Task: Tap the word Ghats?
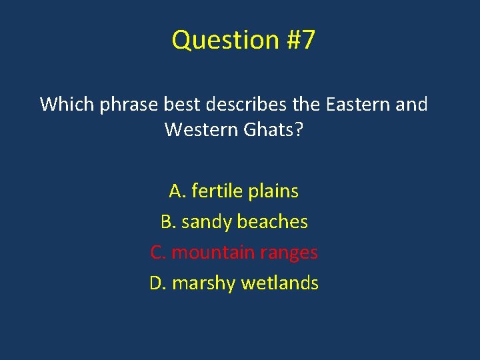(274, 129)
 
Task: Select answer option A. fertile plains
(233, 191)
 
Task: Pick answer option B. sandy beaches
(233, 222)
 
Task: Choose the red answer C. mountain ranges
(233, 253)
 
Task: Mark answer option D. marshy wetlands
(233, 283)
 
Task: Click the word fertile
(217, 191)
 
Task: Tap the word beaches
(276, 222)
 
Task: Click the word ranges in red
(289, 253)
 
